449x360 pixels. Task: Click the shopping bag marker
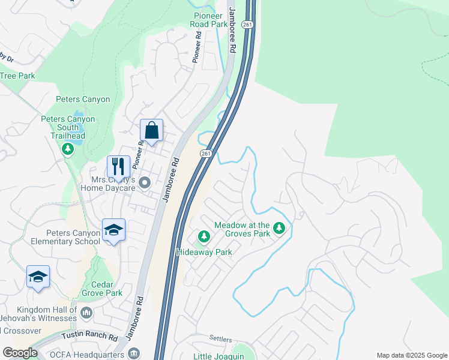click(152, 130)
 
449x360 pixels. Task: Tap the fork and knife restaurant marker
click(118, 166)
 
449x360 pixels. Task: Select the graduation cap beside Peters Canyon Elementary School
click(113, 230)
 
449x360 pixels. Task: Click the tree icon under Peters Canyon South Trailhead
click(68, 148)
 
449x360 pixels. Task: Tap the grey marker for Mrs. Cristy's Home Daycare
click(143, 182)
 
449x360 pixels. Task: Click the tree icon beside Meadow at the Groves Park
click(279, 228)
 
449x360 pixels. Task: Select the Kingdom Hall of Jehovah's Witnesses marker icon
click(86, 312)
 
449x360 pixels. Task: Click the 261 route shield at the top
click(247, 24)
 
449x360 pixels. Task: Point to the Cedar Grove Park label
click(98, 289)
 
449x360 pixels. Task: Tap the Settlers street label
click(220, 340)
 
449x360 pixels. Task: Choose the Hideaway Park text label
click(203, 253)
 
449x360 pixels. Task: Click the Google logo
click(19, 353)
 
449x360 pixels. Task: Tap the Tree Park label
click(17, 76)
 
